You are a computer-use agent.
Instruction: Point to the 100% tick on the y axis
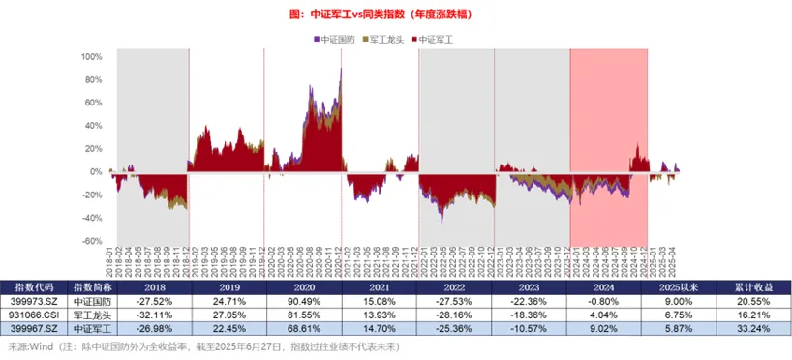coord(89,56)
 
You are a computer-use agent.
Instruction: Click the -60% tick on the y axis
coord(89,242)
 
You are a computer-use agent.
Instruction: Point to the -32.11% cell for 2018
coord(154,315)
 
